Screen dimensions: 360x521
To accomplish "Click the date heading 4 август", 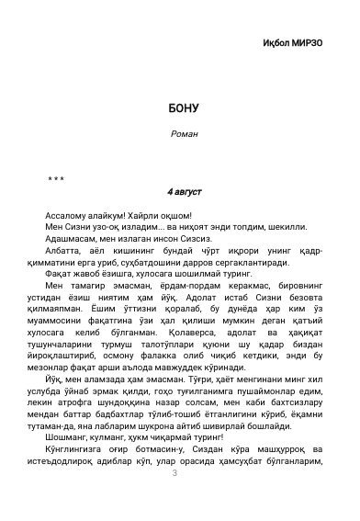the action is point(185,192).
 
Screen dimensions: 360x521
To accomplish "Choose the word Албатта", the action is point(63,249).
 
